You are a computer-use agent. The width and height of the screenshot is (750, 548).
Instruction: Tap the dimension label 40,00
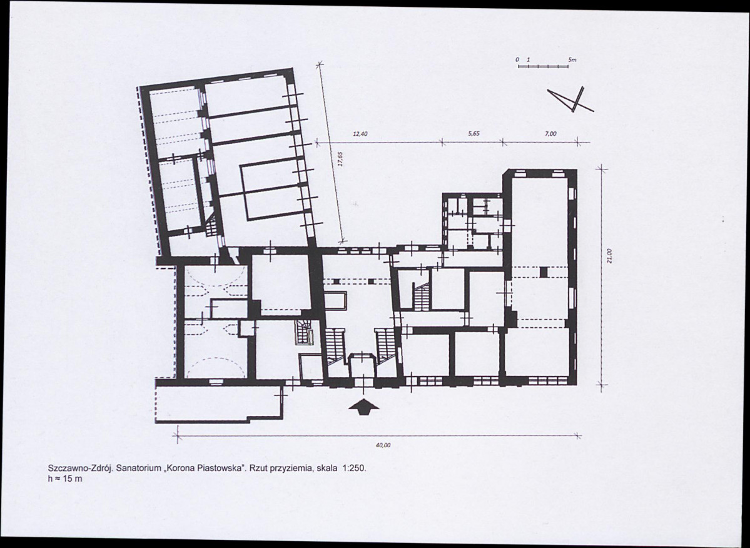(383, 445)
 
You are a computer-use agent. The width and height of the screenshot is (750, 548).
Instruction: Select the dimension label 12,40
(360, 134)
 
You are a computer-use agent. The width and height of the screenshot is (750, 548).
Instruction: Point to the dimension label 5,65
(474, 134)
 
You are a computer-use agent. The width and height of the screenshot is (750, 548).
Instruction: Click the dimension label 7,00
(550, 134)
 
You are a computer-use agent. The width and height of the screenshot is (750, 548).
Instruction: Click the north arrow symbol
(571, 99)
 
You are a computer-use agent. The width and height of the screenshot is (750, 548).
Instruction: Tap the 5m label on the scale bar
(572, 60)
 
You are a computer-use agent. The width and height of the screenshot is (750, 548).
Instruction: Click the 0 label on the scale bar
(517, 60)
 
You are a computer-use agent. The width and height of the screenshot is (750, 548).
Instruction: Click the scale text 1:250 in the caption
(353, 468)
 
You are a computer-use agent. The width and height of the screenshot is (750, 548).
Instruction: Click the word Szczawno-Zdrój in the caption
(80, 469)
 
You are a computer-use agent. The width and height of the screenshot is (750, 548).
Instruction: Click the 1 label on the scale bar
(528, 60)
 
